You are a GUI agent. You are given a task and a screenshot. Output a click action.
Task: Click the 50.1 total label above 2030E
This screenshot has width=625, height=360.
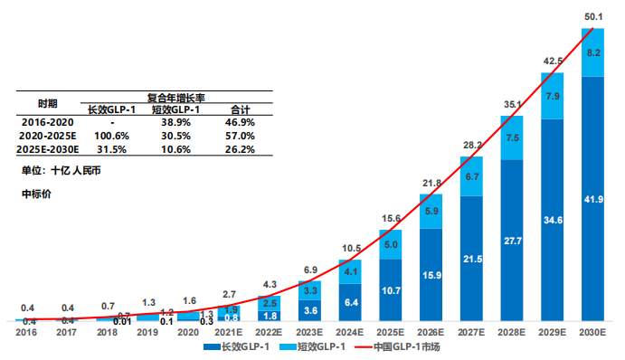592,15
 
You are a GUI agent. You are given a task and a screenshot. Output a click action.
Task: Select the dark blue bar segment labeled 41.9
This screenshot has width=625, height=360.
592,199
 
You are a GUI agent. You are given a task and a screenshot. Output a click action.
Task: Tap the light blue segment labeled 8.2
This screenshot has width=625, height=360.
592,53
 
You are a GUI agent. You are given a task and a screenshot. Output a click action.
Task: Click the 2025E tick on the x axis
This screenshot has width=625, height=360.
391,332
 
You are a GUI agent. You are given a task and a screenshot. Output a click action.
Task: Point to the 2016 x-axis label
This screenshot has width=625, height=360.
29,332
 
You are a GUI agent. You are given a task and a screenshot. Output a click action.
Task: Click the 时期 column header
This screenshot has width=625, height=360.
48,103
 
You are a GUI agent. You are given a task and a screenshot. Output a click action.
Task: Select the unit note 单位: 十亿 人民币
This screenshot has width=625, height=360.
62,170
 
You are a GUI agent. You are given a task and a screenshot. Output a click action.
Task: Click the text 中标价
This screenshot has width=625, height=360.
36,194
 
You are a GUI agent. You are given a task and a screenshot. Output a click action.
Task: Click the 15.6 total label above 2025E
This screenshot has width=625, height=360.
391,219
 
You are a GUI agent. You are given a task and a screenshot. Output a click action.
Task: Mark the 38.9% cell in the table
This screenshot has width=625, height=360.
175,122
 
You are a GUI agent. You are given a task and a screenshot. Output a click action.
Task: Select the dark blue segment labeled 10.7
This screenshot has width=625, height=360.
391,291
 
